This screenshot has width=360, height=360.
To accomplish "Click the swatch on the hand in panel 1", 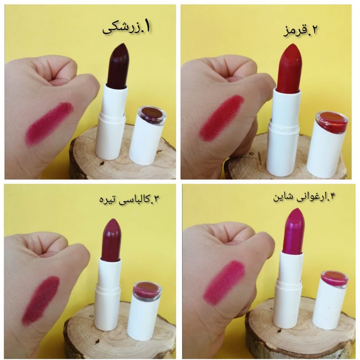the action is (x=49, y=123).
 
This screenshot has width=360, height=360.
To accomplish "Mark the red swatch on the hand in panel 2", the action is (x=221, y=118).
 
